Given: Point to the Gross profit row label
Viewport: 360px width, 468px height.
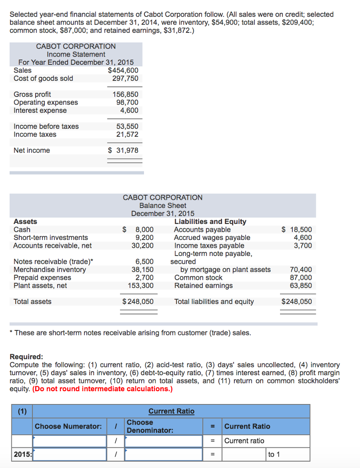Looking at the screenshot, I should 32,94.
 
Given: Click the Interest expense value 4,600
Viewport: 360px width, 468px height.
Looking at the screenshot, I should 129,110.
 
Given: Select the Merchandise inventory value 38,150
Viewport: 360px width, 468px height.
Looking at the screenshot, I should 143,270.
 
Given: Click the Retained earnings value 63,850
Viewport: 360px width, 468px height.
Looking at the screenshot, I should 301,286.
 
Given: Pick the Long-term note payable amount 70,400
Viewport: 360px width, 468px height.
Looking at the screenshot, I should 301,270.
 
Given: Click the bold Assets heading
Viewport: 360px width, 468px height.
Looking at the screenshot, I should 26,221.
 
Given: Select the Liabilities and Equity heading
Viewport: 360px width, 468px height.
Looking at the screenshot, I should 210,221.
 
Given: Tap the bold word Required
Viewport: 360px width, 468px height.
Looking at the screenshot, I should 26,356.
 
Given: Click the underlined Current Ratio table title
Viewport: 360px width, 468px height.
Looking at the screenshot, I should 171,411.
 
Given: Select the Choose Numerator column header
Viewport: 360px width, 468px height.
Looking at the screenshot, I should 68,426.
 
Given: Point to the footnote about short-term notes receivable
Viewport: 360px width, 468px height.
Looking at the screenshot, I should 130,333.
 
